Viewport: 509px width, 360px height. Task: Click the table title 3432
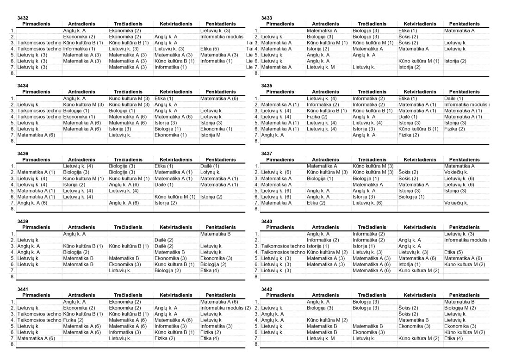23,18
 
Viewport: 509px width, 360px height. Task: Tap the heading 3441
23,289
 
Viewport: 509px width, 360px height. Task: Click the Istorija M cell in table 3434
211,135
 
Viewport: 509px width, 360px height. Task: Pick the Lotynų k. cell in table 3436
210,172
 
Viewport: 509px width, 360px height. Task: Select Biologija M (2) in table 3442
460,308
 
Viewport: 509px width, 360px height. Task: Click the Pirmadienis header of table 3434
39,92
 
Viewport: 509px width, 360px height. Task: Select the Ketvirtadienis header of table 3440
419,227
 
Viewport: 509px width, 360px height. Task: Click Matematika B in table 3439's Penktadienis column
216,234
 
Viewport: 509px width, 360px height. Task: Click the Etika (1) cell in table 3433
408,30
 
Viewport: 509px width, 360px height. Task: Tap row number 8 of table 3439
13,277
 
